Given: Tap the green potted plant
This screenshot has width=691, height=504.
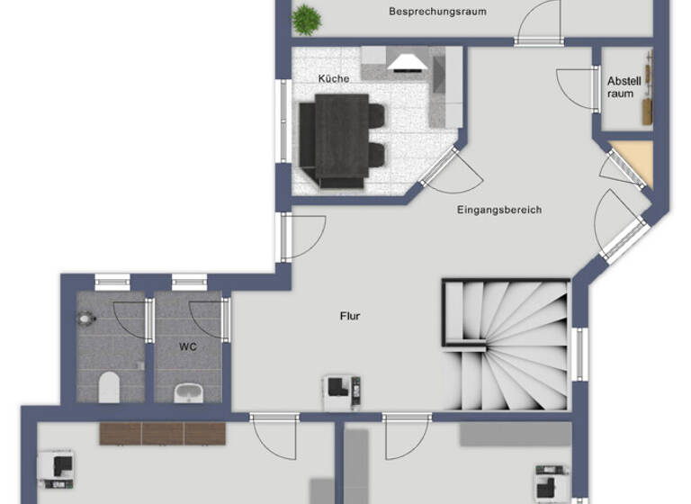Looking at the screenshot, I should [307, 17].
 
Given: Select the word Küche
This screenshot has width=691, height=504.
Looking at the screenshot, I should [333, 78].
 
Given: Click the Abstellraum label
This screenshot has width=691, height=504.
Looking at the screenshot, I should [621, 86].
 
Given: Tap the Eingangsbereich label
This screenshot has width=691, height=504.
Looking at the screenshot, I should [499, 210].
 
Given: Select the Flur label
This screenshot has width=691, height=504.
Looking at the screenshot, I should [351, 316].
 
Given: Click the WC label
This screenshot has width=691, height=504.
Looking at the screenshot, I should [187, 346].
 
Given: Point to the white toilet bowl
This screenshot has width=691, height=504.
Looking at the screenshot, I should [109, 387].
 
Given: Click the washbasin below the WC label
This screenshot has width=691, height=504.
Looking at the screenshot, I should [188, 391].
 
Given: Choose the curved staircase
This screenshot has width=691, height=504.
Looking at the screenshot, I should [507, 342].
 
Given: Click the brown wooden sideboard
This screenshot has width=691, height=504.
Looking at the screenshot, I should [162, 433].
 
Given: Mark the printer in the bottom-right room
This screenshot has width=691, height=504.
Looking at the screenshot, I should [548, 482].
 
